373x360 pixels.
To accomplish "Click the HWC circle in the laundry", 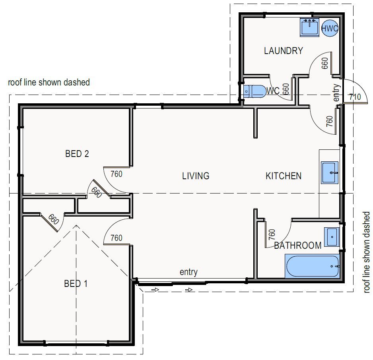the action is point(330,28).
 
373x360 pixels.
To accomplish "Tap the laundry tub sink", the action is point(309,27).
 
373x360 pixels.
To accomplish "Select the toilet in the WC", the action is point(255,91).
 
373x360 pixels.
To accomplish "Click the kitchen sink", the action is point(330,173).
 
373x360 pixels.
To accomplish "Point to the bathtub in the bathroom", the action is point(312,266).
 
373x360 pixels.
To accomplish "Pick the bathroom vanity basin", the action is point(332,237).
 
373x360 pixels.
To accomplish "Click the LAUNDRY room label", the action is point(283,50).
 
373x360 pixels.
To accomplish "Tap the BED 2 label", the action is point(77,154).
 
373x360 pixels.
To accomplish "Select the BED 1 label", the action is point(76,283).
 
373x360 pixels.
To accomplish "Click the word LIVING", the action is point(196,176).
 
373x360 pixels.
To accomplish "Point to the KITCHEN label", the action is point(283,176).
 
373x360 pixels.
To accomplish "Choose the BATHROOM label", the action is point(297,246).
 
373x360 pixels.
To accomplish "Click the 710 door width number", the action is point(355,97).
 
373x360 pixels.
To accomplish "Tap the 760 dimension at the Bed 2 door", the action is point(117,174).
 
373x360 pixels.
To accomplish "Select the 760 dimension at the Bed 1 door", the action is point(117,238).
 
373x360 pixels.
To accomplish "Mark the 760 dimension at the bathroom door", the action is point(272,234).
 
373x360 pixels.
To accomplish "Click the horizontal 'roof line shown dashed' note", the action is point(49,82).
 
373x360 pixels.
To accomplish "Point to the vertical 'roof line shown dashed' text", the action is point(367,252).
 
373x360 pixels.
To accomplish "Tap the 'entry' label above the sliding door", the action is point(188,272).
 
